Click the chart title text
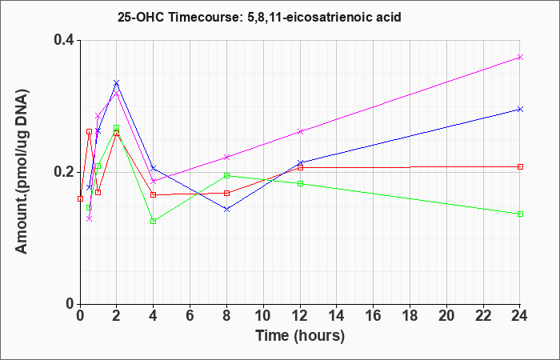pyautogui.click(x=259, y=17)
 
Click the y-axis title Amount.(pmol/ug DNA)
pyautogui.click(x=22, y=171)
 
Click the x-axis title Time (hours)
pyautogui.click(x=300, y=336)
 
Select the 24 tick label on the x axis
pyautogui.click(x=520, y=316)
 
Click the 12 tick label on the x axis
pyautogui.click(x=300, y=316)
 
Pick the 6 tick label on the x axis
pyautogui.click(x=190, y=316)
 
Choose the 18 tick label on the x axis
pyautogui.click(x=410, y=316)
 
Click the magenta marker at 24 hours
pyautogui.click(x=520, y=57)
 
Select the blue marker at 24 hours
pyautogui.click(x=520, y=109)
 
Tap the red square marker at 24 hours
pyautogui.click(x=520, y=166)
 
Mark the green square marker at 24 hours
pyautogui.click(x=520, y=214)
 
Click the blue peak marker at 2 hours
pyautogui.click(x=117, y=83)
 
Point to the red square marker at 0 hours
pyautogui.click(x=80, y=198)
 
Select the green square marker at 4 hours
pyautogui.click(x=154, y=221)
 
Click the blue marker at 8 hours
pyautogui.click(x=226, y=210)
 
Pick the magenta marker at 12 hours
pyautogui.click(x=300, y=131)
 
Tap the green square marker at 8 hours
pyautogui.click(x=226, y=175)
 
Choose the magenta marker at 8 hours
pyautogui.click(x=226, y=157)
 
